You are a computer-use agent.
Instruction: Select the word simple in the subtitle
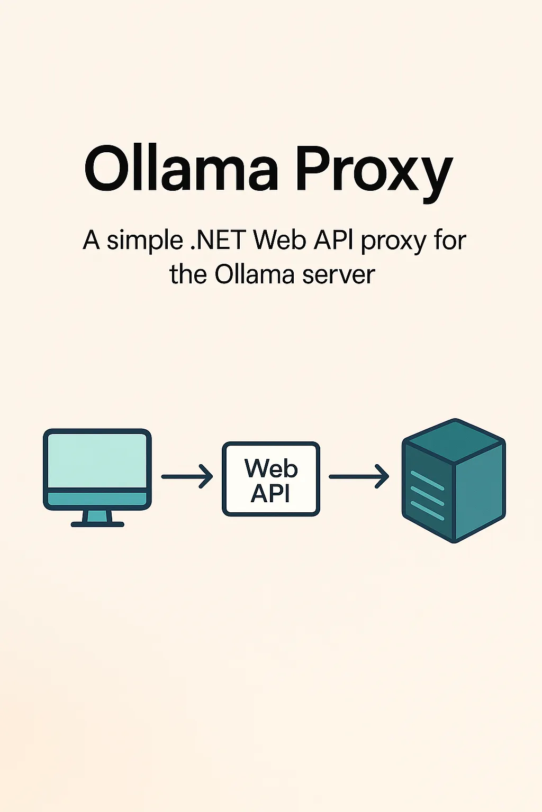(x=145, y=241)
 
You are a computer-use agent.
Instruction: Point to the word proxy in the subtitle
(x=393, y=242)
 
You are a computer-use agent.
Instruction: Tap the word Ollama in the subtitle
(x=254, y=274)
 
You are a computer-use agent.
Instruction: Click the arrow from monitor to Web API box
(x=187, y=476)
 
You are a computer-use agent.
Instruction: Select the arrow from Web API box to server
(x=359, y=476)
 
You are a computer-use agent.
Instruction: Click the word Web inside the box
(x=271, y=468)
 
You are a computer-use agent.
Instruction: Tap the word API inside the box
(x=270, y=494)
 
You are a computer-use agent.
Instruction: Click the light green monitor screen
(x=97, y=460)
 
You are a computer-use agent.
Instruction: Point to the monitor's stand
(x=97, y=518)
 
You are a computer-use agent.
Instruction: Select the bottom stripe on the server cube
(x=427, y=511)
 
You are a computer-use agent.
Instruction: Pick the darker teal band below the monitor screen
(x=97, y=499)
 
